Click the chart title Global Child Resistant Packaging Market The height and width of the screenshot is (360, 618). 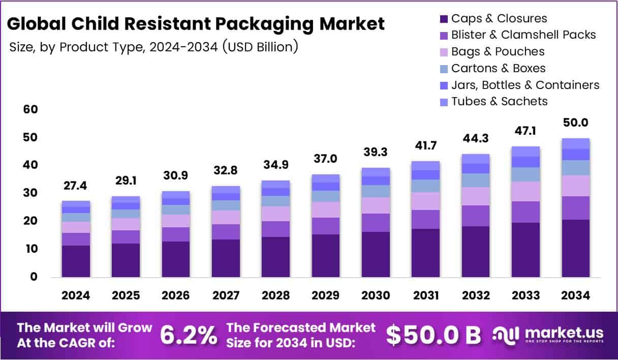tap(196, 23)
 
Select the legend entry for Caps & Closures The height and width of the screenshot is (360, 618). tap(499, 19)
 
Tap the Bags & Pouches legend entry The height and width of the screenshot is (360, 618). tap(498, 52)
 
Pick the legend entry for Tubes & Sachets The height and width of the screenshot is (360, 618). tap(499, 101)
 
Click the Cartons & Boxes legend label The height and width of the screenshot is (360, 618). tap(498, 68)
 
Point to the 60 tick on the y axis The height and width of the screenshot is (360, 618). tap(30, 110)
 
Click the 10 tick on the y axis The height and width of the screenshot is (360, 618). tap(30, 249)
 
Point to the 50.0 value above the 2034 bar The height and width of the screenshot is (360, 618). tap(575, 123)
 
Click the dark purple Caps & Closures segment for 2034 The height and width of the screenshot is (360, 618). tap(575, 248)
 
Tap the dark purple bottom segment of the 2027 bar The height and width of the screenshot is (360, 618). tap(226, 258)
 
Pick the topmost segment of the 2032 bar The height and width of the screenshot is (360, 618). tap(475, 159)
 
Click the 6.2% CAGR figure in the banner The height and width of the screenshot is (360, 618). tap(188, 335)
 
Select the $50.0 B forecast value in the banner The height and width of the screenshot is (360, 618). tap(433, 335)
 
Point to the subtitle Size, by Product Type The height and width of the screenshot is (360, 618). tap(153, 47)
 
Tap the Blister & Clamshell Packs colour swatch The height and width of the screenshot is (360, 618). tap(442, 36)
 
